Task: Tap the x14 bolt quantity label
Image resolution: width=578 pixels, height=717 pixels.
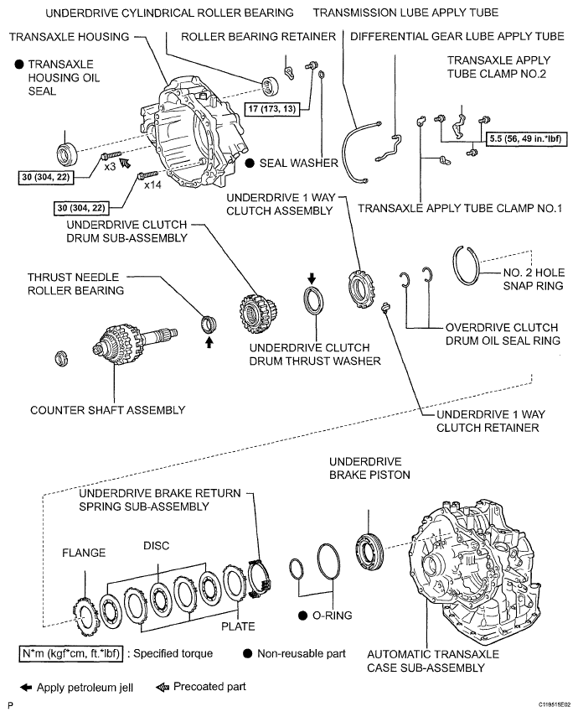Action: [152, 184]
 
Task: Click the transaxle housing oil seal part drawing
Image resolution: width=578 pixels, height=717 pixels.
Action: [65, 154]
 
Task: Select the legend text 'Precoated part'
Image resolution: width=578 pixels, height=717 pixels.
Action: [209, 687]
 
